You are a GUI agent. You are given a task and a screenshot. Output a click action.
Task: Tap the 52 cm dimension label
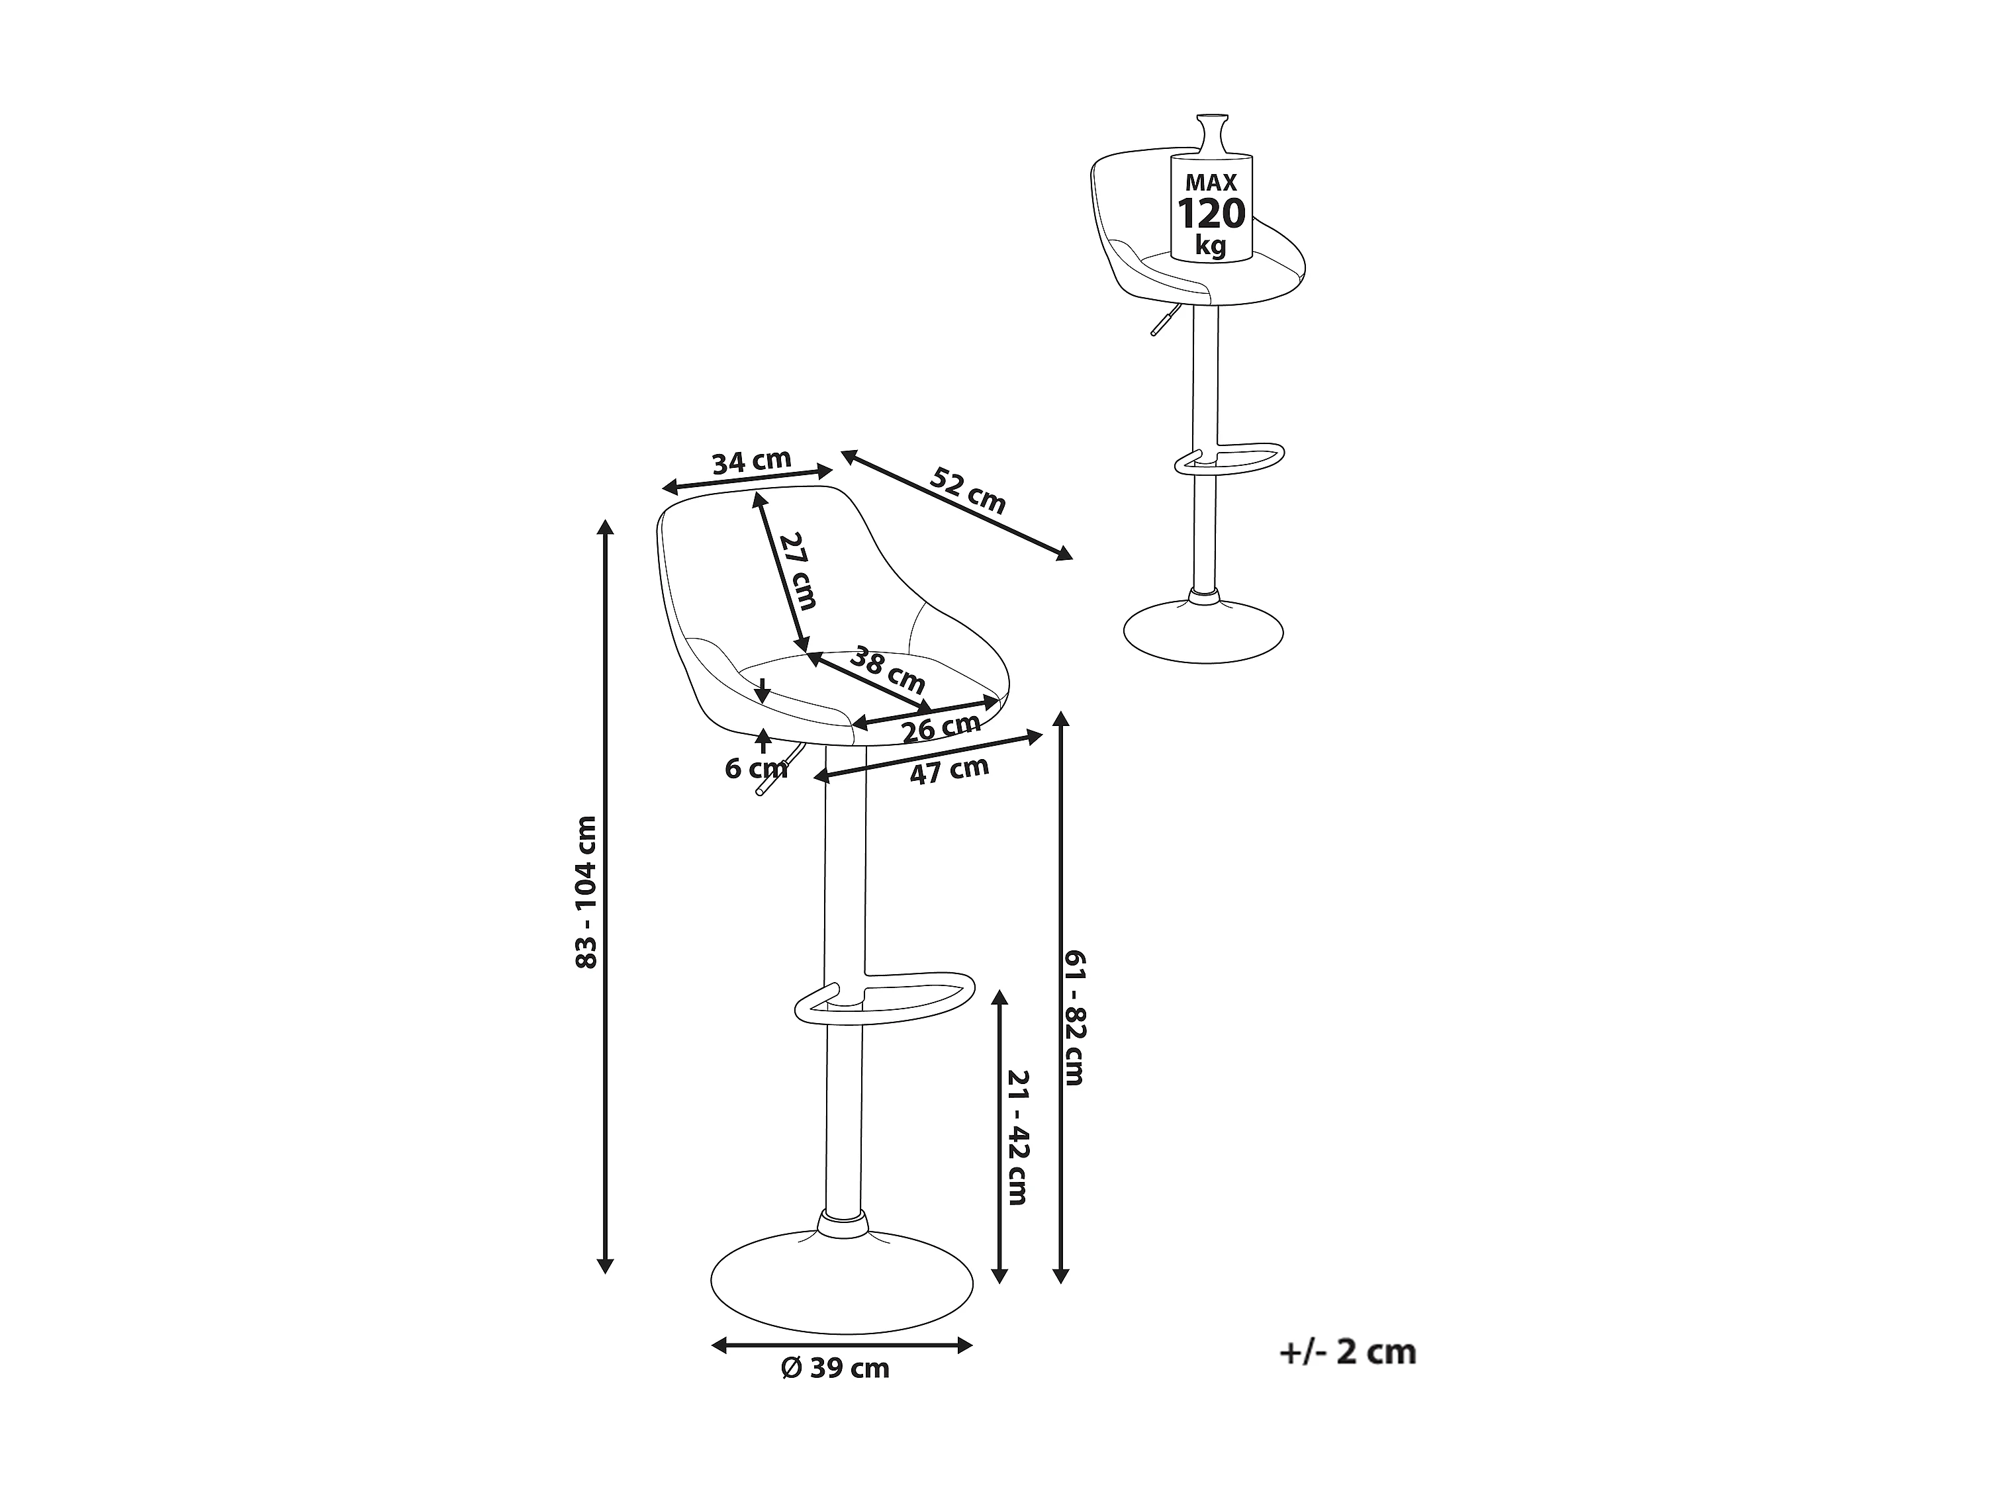point(968,490)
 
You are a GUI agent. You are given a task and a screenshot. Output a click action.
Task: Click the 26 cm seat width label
point(941,727)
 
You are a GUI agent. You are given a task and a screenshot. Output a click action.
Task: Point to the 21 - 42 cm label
point(1017,1136)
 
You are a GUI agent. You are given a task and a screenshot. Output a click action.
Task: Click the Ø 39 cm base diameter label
point(835,1369)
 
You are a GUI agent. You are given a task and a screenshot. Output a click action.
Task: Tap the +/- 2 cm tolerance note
point(1348,1352)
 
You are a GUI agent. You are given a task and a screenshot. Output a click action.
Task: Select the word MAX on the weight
point(1211,183)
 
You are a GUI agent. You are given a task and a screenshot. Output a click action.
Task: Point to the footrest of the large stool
point(886,997)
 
